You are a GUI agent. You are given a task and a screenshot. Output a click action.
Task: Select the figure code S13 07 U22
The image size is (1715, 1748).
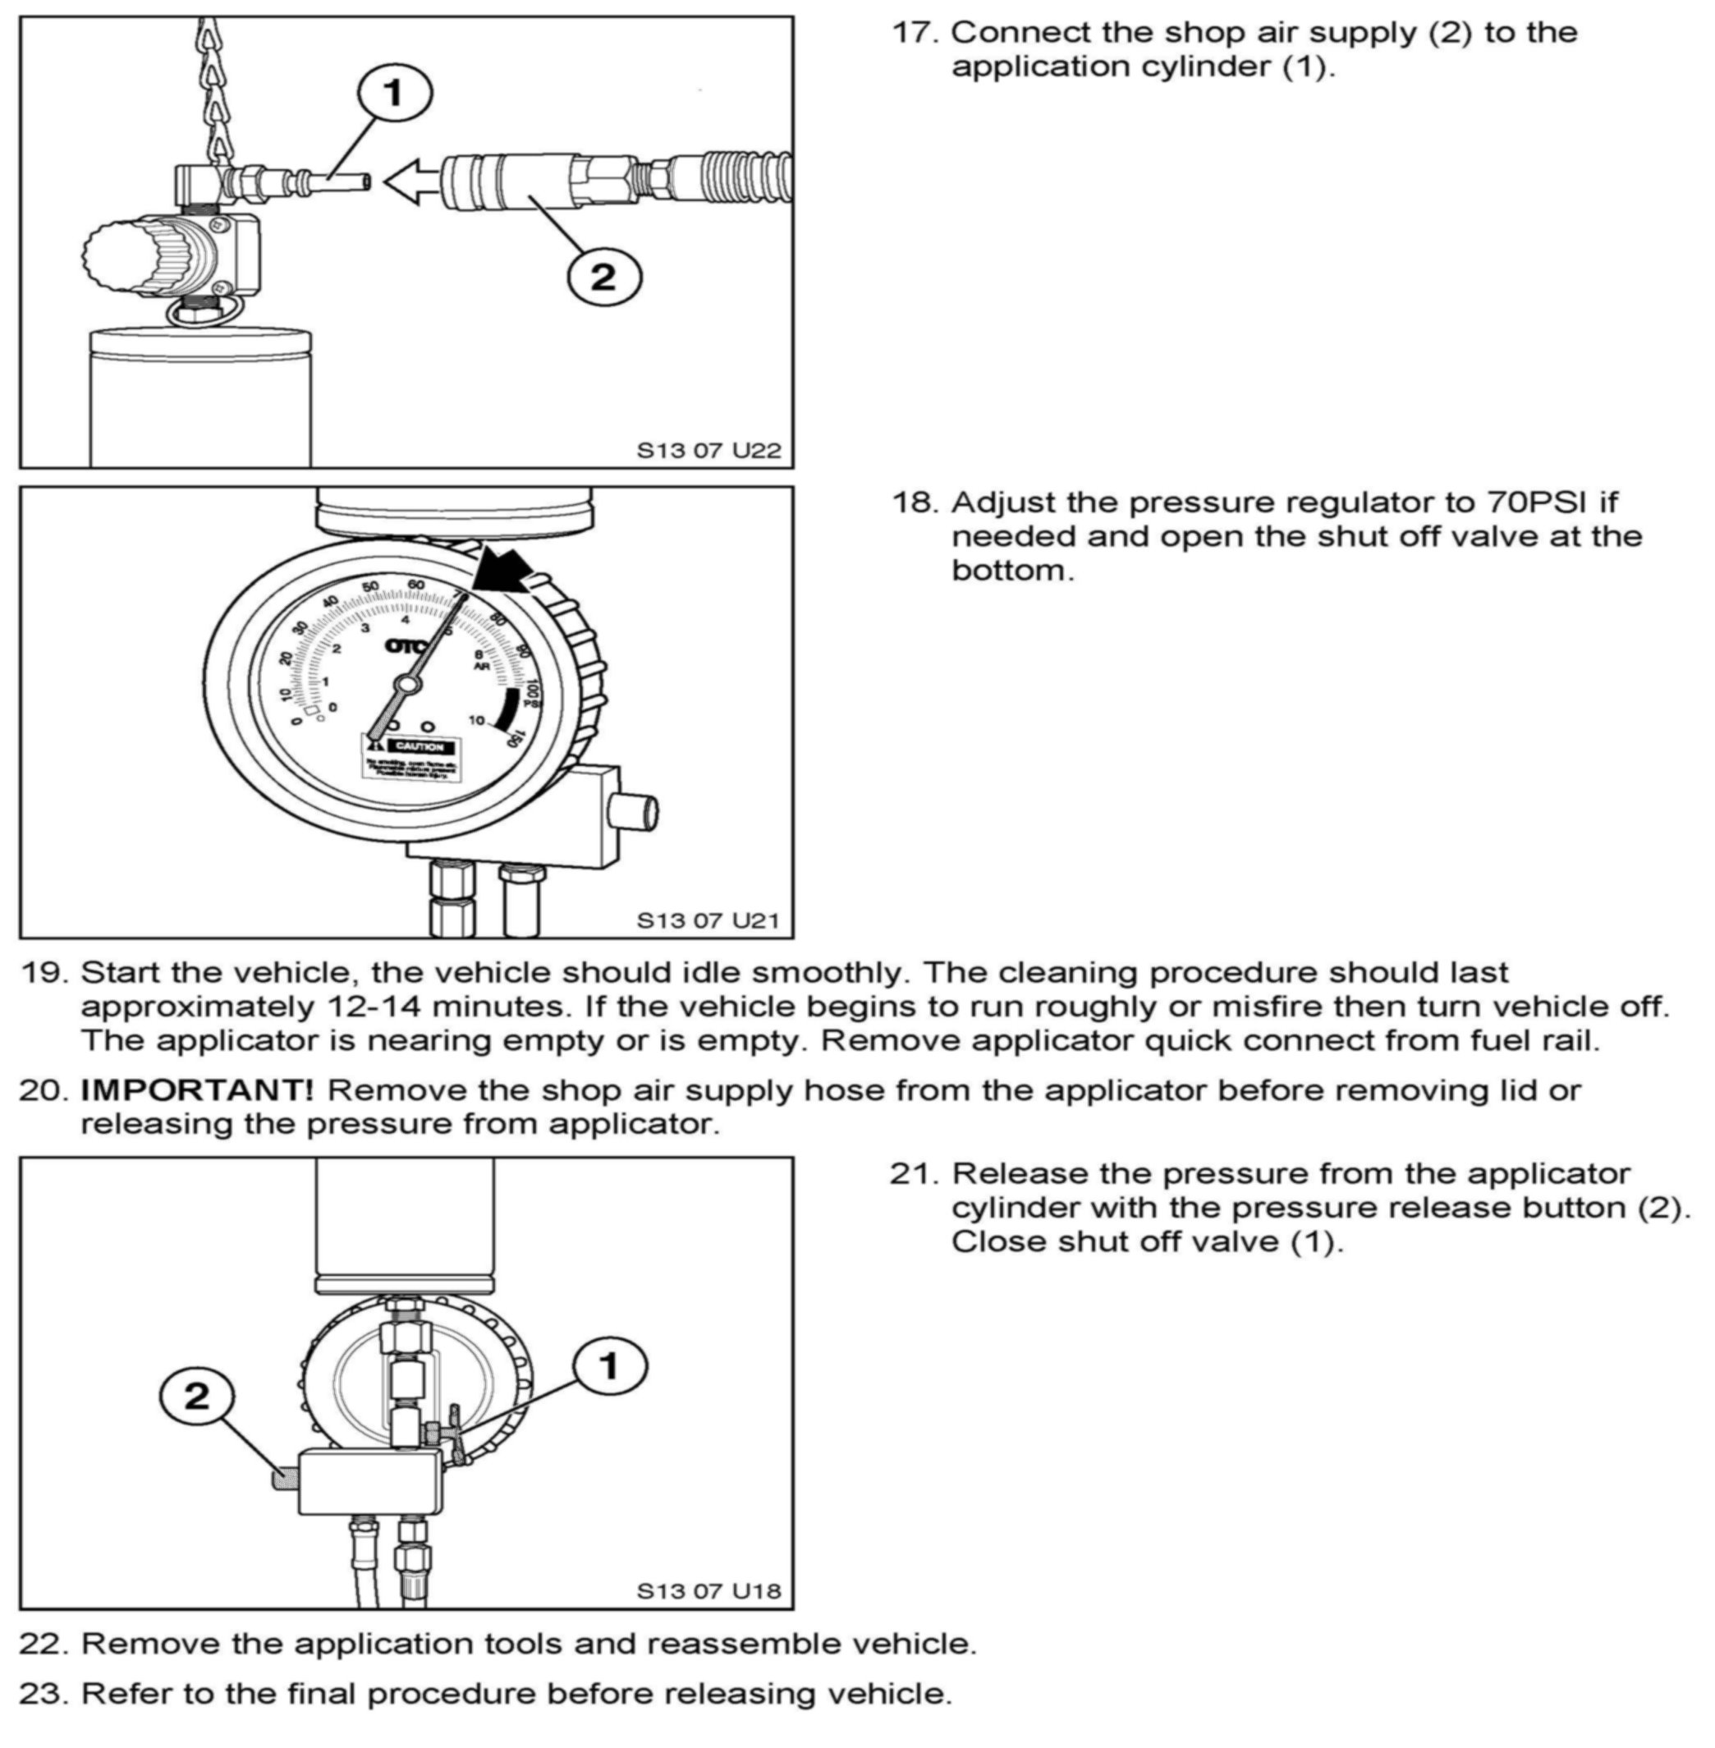point(708,450)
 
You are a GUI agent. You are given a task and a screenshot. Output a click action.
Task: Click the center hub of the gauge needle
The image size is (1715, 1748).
point(408,686)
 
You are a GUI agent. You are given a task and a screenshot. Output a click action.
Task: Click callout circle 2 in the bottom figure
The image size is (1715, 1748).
point(196,1397)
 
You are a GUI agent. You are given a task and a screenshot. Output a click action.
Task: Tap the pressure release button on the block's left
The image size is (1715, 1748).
point(286,1479)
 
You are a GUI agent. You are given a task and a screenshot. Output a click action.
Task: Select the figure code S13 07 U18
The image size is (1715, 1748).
point(708,1591)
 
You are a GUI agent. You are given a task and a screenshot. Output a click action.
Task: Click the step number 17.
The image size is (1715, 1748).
point(915,34)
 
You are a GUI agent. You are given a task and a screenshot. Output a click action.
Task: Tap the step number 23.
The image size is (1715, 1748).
point(43,1694)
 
